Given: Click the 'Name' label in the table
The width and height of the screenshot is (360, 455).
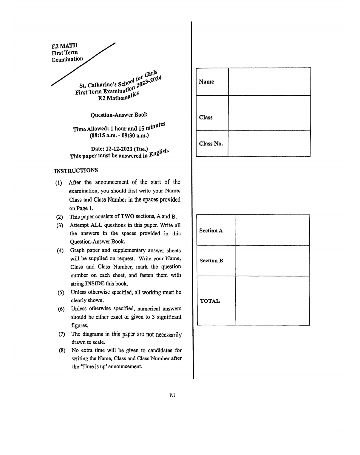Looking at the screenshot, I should (x=206, y=82).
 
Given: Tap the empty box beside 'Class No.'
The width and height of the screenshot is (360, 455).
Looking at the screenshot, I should (x=269, y=143).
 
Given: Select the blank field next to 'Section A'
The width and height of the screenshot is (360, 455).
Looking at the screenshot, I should (x=272, y=230).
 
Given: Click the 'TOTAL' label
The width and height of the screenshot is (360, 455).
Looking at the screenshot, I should (x=210, y=301).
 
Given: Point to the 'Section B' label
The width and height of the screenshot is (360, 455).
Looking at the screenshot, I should (x=211, y=261).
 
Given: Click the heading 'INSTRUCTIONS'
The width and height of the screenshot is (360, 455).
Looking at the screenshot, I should (x=76, y=170).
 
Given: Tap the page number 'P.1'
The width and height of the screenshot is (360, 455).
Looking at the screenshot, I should (x=172, y=395).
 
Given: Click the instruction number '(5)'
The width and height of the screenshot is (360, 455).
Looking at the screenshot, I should (x=61, y=292).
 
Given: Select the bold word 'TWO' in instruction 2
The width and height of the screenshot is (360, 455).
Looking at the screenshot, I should (x=127, y=216).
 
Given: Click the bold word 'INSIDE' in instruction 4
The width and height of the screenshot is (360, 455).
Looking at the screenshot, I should (x=95, y=284).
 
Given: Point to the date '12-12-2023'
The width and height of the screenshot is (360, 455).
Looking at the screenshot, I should (x=119, y=149).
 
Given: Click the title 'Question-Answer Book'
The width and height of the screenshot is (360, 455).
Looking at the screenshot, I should (x=119, y=115).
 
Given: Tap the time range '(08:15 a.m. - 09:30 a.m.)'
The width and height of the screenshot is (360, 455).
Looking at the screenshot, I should (x=119, y=136).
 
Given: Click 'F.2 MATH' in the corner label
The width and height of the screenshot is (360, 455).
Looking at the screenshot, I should (x=64, y=46).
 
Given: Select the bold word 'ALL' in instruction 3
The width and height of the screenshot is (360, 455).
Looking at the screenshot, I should (x=96, y=225).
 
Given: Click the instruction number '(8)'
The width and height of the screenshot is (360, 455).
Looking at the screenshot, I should (x=62, y=350).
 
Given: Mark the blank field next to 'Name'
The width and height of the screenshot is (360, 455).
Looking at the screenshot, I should (x=269, y=82).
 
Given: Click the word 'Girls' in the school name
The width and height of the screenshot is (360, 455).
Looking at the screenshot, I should (x=151, y=74).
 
